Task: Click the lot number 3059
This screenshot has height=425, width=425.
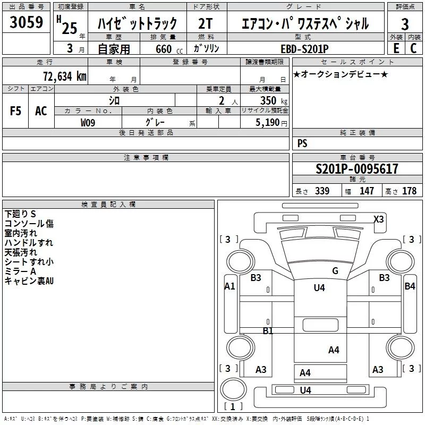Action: pos(26,23)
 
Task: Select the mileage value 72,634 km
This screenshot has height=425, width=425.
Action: pos(64,76)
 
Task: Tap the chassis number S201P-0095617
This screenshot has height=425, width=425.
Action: pos(356,169)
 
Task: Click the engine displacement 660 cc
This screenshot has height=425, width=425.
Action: pos(163,48)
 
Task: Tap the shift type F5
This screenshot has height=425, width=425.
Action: pos(16,111)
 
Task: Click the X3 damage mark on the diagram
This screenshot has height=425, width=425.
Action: pos(378,219)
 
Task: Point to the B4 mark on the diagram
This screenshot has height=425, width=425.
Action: pos(410,286)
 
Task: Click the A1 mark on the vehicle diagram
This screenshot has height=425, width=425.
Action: pos(229,286)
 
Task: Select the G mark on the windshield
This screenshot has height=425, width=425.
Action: pos(335,270)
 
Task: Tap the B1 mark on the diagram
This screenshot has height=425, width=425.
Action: pos(268,330)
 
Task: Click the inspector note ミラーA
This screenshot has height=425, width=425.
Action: pos(20,271)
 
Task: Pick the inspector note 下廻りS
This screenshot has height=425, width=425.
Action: pos(20,214)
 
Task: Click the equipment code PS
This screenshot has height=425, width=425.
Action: pos(302,143)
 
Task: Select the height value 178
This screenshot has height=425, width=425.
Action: pos(409,191)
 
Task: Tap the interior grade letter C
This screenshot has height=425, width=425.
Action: pos(413,48)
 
